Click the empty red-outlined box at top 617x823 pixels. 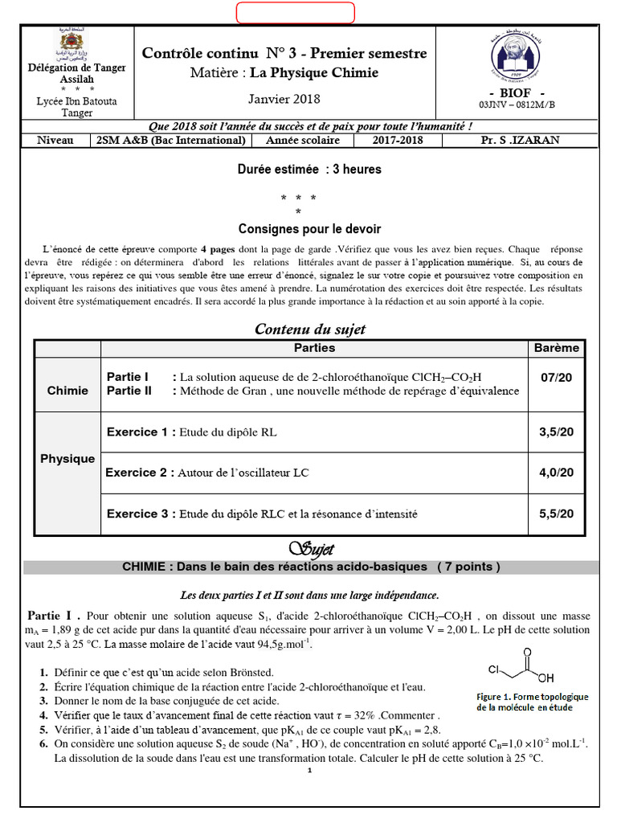point(295,13)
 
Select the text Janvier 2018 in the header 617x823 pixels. point(284,99)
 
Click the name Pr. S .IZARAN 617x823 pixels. point(519,140)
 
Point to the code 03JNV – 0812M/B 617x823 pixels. point(517,104)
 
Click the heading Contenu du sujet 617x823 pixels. point(309,330)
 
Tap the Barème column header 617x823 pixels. point(556,348)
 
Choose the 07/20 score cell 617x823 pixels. point(556,378)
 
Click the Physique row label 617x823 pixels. point(67,459)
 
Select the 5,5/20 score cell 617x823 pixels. point(556,514)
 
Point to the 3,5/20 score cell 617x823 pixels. point(556,432)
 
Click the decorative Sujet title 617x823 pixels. point(310,549)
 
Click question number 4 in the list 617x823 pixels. point(43,715)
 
